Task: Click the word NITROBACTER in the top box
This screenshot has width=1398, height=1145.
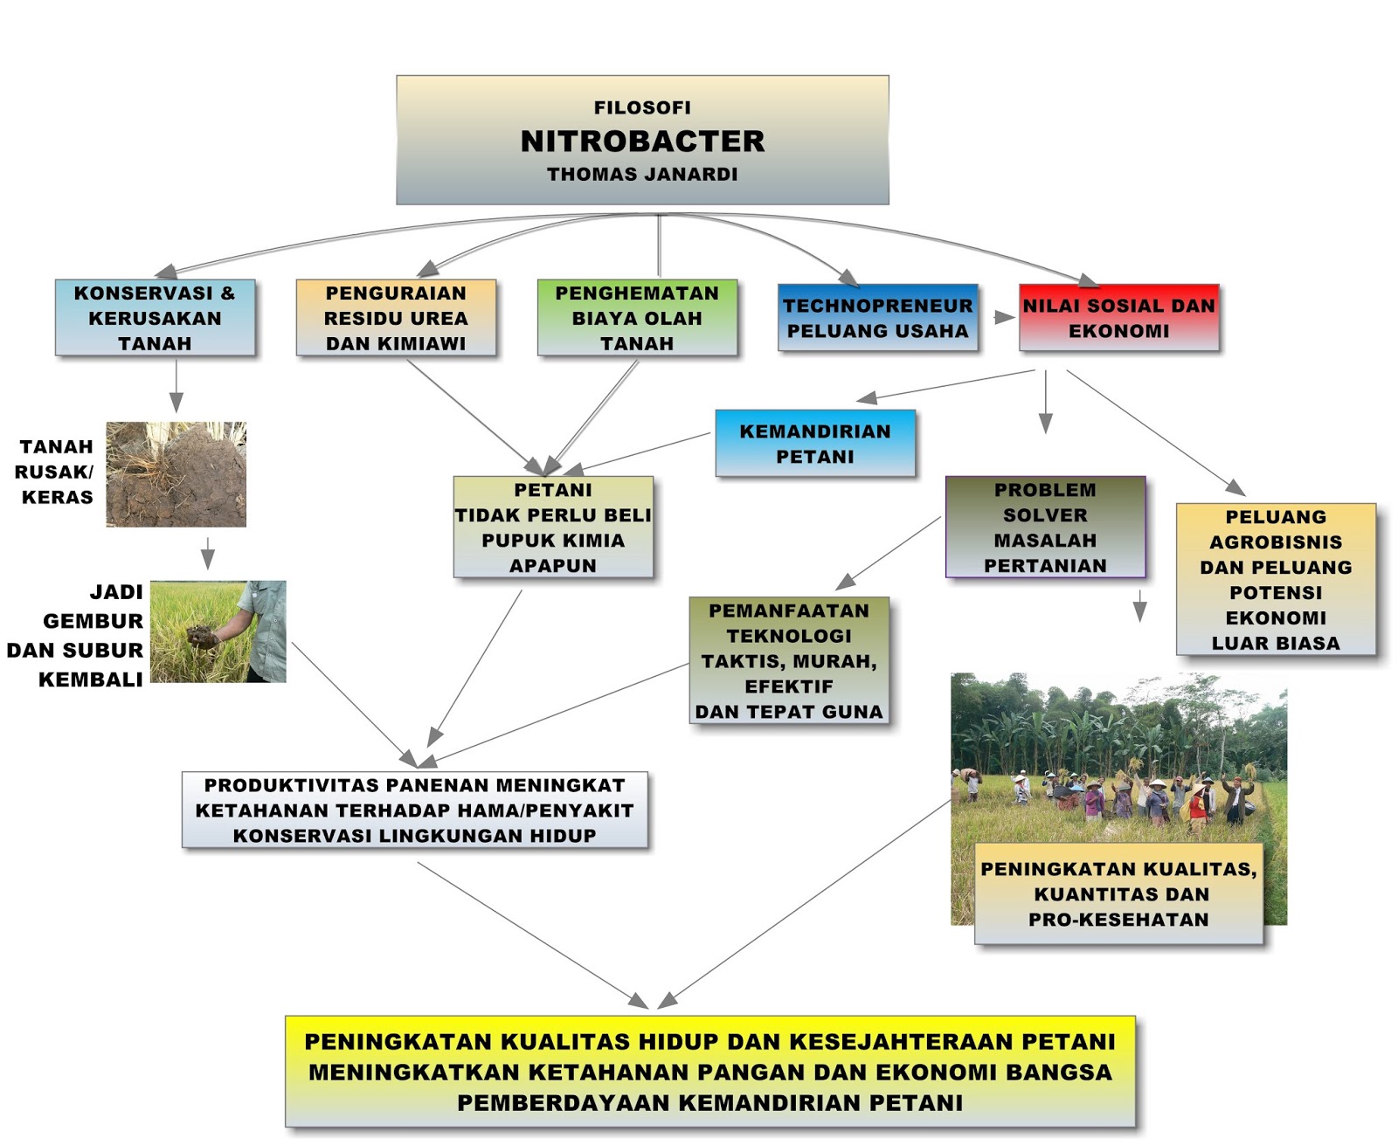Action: pos(642,141)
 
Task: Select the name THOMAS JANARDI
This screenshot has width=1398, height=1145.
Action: pos(642,175)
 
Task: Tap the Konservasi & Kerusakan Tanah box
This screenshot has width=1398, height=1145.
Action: pos(155,318)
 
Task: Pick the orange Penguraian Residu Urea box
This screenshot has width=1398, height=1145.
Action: pos(396,318)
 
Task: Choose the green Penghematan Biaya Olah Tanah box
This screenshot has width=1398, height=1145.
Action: pos(637,318)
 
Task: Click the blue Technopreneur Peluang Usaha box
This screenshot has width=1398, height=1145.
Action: pos(877,318)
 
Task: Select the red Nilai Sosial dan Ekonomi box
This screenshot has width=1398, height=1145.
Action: pos(1118,318)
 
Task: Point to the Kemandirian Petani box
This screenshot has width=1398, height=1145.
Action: pos(815,444)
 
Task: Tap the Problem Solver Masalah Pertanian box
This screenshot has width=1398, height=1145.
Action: pos(1045,528)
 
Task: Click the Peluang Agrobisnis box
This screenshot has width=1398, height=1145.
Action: pos(1276,580)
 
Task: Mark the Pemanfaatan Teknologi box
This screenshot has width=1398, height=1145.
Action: pos(789,661)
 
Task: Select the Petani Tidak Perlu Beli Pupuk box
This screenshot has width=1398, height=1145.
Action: pos(553,528)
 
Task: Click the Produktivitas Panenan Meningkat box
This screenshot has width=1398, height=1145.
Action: pos(415,810)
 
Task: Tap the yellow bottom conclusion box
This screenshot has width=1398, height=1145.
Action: pos(709,1072)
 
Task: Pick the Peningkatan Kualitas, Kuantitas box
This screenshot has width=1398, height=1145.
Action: pos(1118,893)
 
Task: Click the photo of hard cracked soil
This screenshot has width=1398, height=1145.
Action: pos(176,474)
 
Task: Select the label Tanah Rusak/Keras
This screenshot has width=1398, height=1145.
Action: pos(57,472)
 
